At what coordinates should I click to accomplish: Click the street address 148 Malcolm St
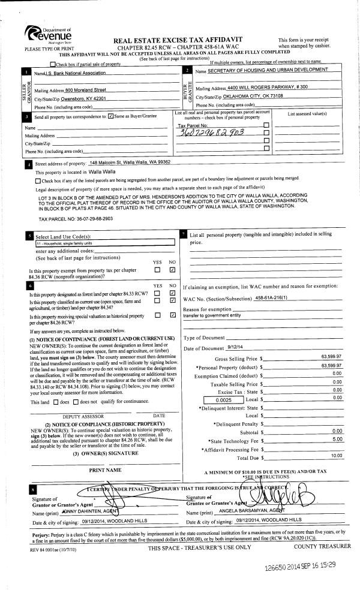point(130,162)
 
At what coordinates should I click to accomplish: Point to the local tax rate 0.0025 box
point(222,398)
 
